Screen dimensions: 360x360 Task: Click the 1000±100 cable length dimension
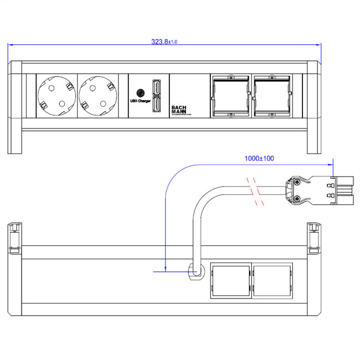[x=259, y=158]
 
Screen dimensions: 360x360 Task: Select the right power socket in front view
[x=98, y=96]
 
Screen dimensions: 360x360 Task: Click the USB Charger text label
[x=140, y=101]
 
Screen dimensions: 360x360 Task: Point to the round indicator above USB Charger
[x=140, y=92]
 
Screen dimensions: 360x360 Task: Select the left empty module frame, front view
[x=230, y=96]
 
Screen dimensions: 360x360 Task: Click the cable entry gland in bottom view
[x=194, y=271]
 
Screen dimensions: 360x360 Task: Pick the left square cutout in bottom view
[x=230, y=281]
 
